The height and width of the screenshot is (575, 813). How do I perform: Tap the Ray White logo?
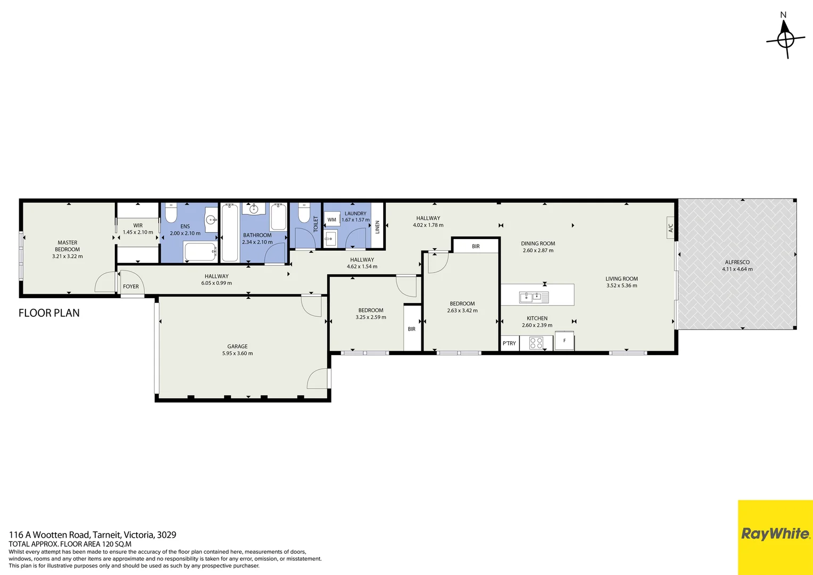775,534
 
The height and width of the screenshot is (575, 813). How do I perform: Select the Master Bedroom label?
68,246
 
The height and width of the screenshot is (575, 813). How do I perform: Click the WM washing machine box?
332,219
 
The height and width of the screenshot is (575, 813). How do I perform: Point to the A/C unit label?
670,228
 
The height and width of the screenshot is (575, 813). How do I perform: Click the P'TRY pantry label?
509,343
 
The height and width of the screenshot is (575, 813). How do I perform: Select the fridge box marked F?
564,341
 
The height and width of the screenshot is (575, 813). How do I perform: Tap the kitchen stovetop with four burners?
536,343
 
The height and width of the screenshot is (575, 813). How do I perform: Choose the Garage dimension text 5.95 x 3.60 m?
237,354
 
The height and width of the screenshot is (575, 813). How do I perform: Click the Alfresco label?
737,262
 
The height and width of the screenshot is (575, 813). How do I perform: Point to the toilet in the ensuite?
171,214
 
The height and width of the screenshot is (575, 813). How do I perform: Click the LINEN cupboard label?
377,227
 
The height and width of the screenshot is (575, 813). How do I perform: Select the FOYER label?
131,286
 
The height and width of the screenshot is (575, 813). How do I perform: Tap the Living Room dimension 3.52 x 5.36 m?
621,286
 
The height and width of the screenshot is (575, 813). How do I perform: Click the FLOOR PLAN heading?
49,313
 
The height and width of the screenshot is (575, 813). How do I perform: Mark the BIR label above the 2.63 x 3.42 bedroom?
476,247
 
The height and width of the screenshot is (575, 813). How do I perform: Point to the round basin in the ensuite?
211,219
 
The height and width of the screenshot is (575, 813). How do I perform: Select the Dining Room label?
538,243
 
